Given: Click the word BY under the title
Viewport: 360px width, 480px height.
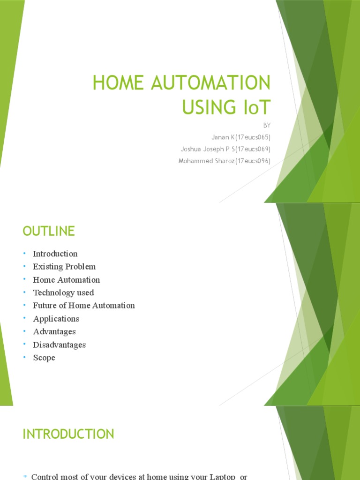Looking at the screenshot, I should [x=267, y=126].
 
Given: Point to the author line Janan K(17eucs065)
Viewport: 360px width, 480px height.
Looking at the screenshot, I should [x=240, y=137].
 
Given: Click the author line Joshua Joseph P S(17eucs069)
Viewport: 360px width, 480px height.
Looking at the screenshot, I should [x=225, y=149].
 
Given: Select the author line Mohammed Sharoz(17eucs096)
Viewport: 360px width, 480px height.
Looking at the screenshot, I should [x=224, y=161].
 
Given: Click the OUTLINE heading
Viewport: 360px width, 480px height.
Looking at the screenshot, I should [x=49, y=231].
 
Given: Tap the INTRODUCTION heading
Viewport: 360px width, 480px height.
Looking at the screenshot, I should [x=68, y=434].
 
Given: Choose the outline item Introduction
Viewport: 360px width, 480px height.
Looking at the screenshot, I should [x=55, y=254].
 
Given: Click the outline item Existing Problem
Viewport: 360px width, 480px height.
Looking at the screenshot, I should [x=64, y=267].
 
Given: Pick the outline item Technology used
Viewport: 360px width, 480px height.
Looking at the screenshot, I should [x=63, y=292].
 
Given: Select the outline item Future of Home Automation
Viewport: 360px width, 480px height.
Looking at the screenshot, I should [x=84, y=306].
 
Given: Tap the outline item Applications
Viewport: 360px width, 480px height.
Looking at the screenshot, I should [x=56, y=319].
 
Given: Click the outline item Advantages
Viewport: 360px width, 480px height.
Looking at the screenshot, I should [x=54, y=331].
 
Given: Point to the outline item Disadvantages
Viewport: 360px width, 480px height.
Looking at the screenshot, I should [x=60, y=345].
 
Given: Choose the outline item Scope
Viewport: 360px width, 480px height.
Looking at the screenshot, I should [x=44, y=358].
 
